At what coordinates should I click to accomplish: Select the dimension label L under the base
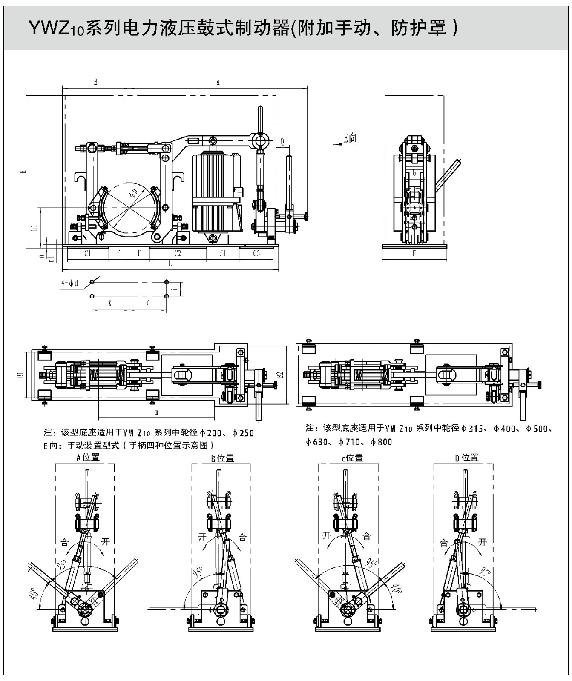tap(170, 264)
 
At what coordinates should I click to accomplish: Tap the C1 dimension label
tap(88, 253)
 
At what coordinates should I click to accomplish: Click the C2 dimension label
tap(178, 253)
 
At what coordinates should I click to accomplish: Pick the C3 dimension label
tap(256, 253)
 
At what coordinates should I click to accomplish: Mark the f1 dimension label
tap(222, 253)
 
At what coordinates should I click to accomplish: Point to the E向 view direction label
tap(350, 138)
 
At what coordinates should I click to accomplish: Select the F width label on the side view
tap(414, 254)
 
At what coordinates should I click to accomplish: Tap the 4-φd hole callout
tap(69, 283)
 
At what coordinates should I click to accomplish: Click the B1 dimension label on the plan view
tap(20, 375)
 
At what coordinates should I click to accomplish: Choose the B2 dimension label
tap(280, 375)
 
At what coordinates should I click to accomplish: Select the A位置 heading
tap(88, 458)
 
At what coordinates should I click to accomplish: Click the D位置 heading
tap(467, 458)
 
